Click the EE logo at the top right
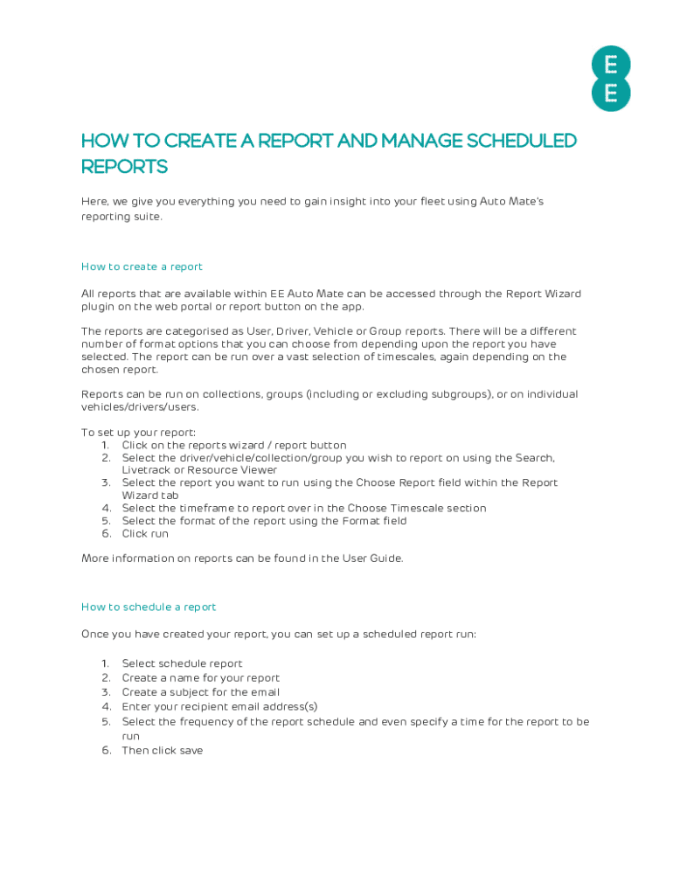(610, 79)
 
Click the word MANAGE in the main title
(412, 141)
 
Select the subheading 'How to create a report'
(142, 267)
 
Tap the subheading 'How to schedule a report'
(149, 607)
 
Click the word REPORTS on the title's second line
(124, 167)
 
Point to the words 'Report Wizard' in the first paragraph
(543, 294)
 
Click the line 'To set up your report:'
(138, 433)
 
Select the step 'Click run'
(145, 533)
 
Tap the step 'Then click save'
(162, 750)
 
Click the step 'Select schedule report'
(182, 663)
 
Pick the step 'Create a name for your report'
(200, 677)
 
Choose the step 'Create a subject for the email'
(200, 691)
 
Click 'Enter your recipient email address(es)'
(219, 706)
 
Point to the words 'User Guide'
(374, 559)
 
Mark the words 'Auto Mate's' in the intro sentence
(511, 201)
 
